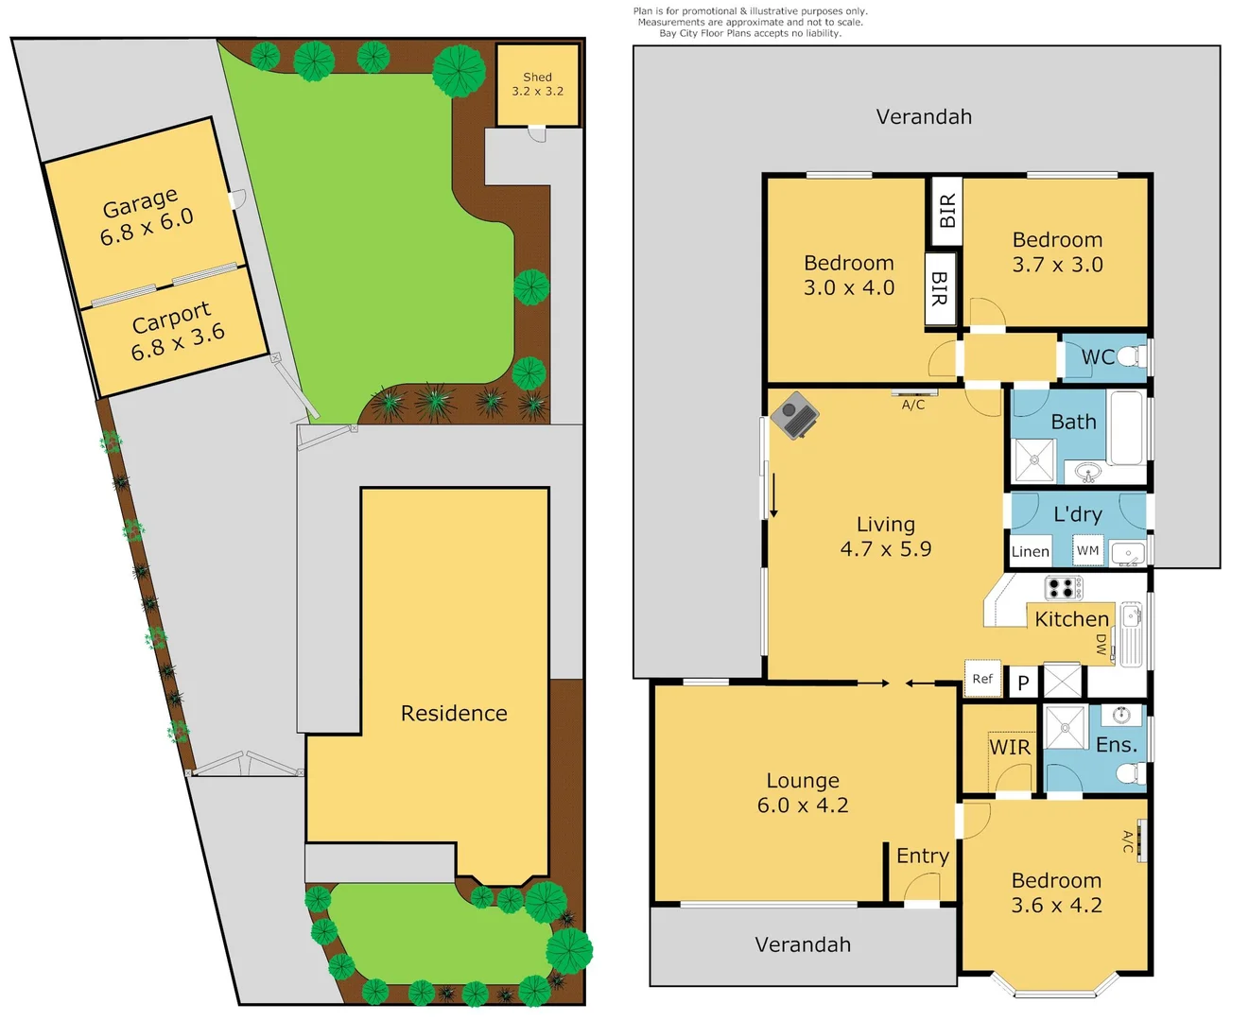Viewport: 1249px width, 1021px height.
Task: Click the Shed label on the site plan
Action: pyautogui.click(x=537, y=84)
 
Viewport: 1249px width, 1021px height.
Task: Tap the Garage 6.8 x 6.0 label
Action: pyautogui.click(x=146, y=217)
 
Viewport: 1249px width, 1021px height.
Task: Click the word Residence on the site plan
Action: pyautogui.click(x=454, y=713)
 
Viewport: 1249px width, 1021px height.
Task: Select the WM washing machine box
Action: pyautogui.click(x=1088, y=550)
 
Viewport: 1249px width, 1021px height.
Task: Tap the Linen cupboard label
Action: pyautogui.click(x=1030, y=552)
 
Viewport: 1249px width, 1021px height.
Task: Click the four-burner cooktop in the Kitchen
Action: pyautogui.click(x=1064, y=587)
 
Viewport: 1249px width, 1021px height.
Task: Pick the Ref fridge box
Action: pyautogui.click(x=982, y=679)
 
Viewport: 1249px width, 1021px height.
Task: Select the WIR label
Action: pyautogui.click(x=1009, y=747)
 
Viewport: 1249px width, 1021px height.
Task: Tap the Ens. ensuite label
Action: pyautogui.click(x=1116, y=745)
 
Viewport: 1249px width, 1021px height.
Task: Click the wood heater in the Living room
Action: pyautogui.click(x=794, y=416)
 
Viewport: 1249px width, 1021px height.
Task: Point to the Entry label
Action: pyautogui.click(x=922, y=856)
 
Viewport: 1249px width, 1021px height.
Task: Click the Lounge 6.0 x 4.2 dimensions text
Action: pyautogui.click(x=803, y=805)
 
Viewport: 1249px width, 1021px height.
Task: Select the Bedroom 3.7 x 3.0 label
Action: pyautogui.click(x=1057, y=252)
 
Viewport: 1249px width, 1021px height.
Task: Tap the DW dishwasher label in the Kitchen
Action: pyautogui.click(x=1102, y=645)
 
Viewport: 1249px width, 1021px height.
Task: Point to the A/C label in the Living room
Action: pyautogui.click(x=913, y=405)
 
